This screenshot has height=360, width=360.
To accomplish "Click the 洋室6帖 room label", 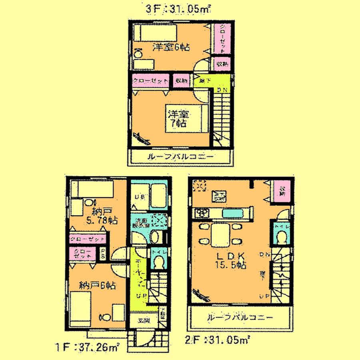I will click(171, 47).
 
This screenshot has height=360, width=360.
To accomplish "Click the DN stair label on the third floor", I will click(222, 90).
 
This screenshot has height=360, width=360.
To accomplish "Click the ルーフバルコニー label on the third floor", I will click(180, 156).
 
